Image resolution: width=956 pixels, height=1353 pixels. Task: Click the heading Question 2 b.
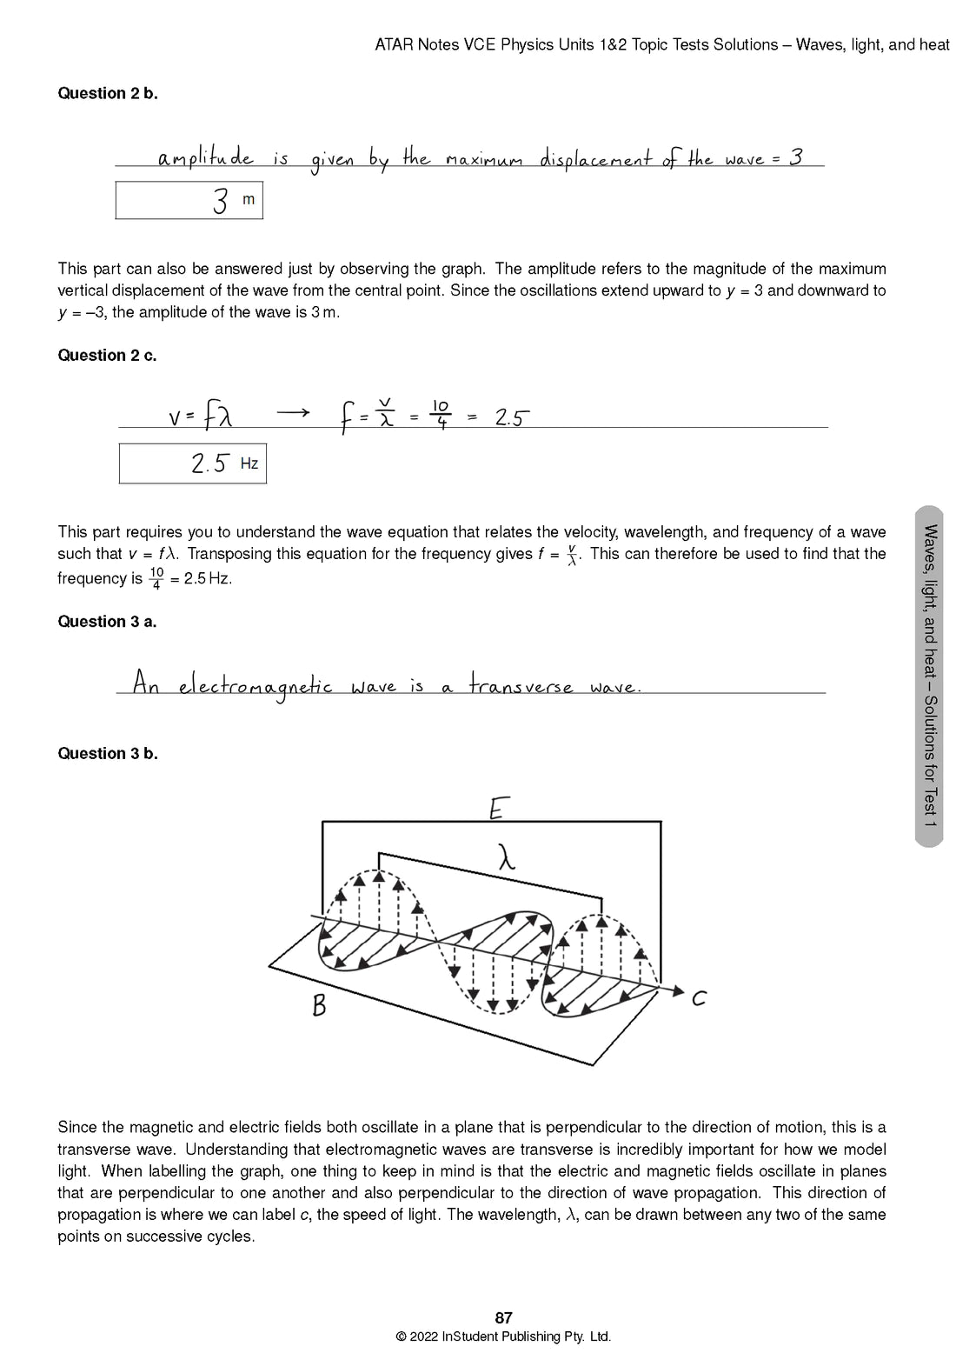[108, 94]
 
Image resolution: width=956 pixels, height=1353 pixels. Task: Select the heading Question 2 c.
[107, 356]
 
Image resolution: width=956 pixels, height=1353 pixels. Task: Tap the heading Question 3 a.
[107, 622]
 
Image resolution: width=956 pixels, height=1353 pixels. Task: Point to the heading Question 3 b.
[108, 754]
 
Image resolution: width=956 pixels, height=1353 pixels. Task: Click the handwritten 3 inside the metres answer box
[221, 201]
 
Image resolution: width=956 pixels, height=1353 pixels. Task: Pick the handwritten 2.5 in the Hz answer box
[209, 463]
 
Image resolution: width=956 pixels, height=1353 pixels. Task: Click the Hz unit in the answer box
[249, 463]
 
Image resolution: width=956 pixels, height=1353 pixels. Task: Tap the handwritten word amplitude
[206, 157]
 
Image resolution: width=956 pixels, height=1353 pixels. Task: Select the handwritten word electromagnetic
[256, 686]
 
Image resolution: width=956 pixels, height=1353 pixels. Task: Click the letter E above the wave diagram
[497, 810]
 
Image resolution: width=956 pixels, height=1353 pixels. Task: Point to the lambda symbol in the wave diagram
[507, 859]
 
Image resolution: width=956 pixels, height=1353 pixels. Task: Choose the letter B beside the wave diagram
[319, 1006]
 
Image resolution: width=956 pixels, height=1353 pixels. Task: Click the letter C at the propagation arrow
[699, 999]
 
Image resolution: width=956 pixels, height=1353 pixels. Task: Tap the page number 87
[503, 1318]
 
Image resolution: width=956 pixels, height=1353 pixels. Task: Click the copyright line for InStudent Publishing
[503, 1336]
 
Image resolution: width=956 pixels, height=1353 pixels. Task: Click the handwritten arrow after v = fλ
[293, 414]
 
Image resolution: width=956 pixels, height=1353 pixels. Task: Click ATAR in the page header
[394, 44]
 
